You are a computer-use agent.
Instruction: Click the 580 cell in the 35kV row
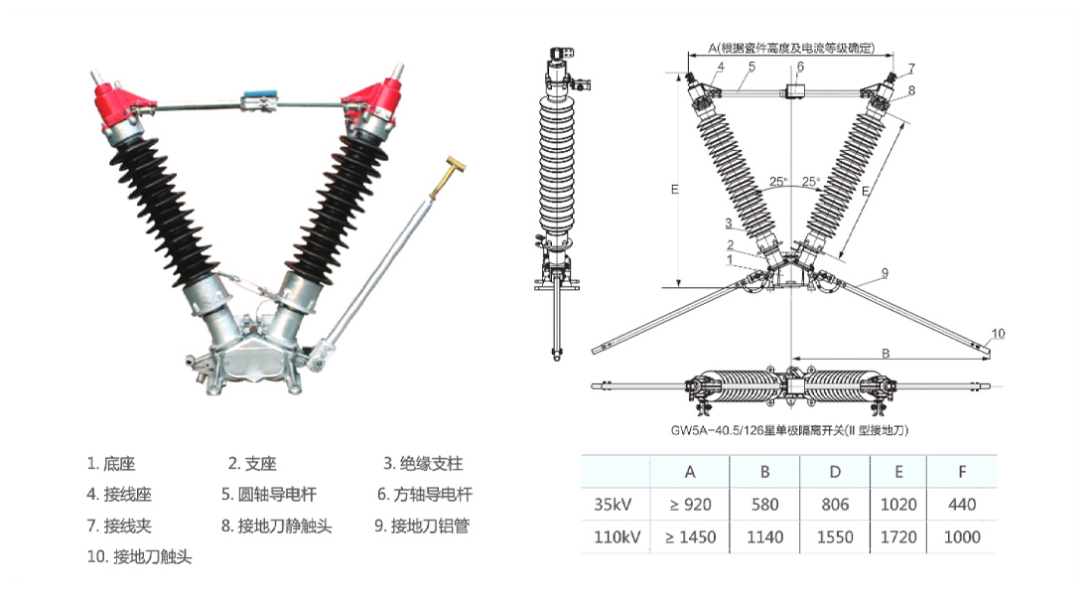pyautogui.click(x=764, y=504)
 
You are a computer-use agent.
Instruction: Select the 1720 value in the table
pyautogui.click(x=898, y=537)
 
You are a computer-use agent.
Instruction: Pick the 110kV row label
pyautogui.click(x=615, y=537)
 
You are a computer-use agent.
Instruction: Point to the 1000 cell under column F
pyautogui.click(x=962, y=537)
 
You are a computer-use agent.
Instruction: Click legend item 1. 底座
pyautogui.click(x=111, y=463)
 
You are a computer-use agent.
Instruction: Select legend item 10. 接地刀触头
pyautogui.click(x=139, y=556)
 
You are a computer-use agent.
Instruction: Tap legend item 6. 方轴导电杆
pyautogui.click(x=424, y=494)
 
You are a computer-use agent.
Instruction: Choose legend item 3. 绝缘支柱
pyautogui.click(x=423, y=463)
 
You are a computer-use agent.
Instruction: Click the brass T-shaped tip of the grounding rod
pyautogui.click(x=457, y=163)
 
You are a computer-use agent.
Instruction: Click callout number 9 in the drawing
pyautogui.click(x=884, y=271)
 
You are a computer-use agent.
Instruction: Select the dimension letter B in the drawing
pyautogui.click(x=886, y=352)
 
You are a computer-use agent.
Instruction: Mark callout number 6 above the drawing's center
pyautogui.click(x=799, y=67)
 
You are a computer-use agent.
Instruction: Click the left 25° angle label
pyautogui.click(x=778, y=182)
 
